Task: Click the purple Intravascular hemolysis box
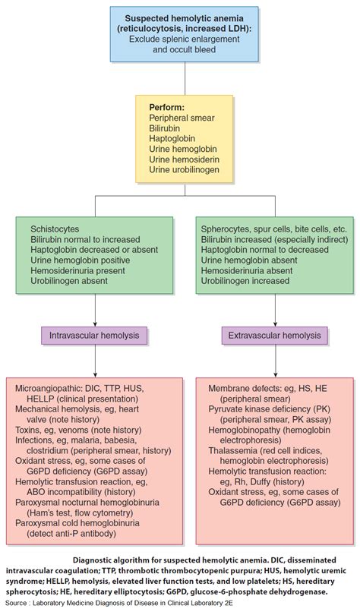click(95, 333)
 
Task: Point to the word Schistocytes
click(54, 228)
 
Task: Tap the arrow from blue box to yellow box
click(179, 86)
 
